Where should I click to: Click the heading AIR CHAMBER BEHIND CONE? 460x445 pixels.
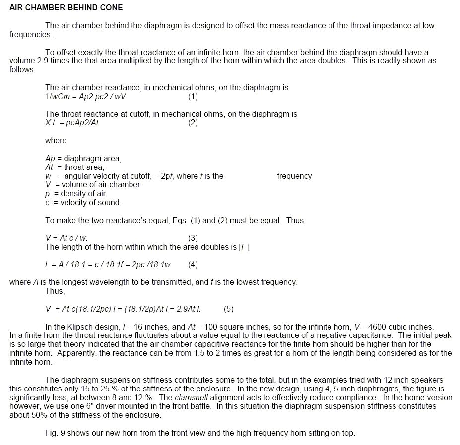[66, 8]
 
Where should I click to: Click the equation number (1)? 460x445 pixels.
[193, 96]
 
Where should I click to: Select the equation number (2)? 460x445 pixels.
[193, 123]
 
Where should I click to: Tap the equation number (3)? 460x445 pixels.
[193, 238]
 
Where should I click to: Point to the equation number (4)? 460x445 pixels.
[193, 265]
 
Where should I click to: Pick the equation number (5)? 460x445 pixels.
[229, 309]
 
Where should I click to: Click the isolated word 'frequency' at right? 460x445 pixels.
[294, 176]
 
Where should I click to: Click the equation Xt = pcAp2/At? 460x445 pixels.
[72, 123]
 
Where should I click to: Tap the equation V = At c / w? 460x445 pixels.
[66, 238]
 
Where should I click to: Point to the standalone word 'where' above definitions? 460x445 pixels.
[56, 141]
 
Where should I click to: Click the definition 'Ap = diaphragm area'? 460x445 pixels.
[83, 159]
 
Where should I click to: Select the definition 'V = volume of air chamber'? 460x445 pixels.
[92, 185]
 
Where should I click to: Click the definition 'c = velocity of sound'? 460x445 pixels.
[83, 203]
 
